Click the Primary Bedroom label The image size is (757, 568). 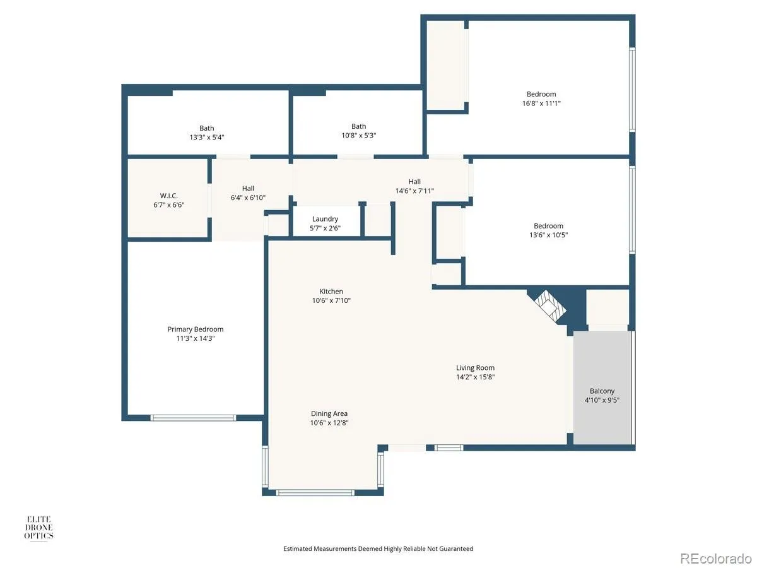195,329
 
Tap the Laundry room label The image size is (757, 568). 325,219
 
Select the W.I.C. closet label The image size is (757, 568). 168,196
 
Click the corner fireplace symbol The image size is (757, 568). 549,305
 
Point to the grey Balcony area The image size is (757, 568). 602,388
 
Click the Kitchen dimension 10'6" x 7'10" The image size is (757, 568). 331,300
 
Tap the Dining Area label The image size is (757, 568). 329,413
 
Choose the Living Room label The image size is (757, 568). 475,368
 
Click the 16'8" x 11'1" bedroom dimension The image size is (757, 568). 541,103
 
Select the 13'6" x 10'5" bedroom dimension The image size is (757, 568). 548,235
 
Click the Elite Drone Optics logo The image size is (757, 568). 38,528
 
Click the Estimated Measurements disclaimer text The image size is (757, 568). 378,548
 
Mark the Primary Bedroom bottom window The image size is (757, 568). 193,418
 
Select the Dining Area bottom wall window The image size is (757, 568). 315,492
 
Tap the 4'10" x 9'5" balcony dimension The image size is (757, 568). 602,400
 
